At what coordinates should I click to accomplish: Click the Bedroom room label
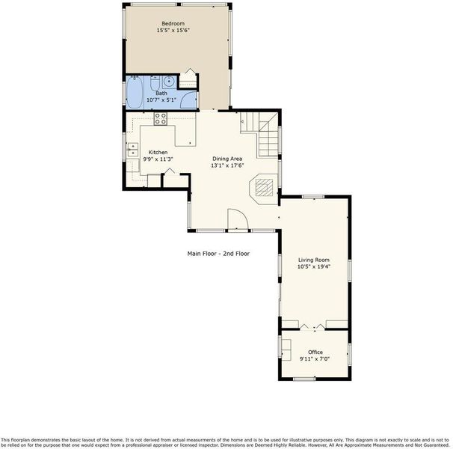[173, 23]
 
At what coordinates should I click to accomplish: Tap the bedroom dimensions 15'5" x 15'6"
[173, 30]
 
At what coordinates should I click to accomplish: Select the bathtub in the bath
[135, 92]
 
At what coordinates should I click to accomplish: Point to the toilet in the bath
[155, 83]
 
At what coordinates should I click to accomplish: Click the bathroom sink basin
[168, 81]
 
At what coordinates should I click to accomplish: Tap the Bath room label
[161, 93]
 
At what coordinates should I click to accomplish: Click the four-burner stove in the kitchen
[160, 119]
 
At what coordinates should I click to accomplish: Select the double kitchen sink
[133, 150]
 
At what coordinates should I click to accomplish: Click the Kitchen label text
[158, 152]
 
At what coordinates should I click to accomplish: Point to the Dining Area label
[227, 159]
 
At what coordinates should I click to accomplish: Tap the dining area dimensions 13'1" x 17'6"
[227, 165]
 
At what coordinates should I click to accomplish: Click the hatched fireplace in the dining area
[264, 188]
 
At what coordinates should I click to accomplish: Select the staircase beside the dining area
[259, 134]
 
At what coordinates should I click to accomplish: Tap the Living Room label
[314, 260]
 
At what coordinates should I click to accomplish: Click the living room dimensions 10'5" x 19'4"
[314, 266]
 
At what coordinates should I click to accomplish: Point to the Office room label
[315, 352]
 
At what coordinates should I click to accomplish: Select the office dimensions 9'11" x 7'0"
[315, 359]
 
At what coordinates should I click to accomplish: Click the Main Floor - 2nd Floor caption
[218, 254]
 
